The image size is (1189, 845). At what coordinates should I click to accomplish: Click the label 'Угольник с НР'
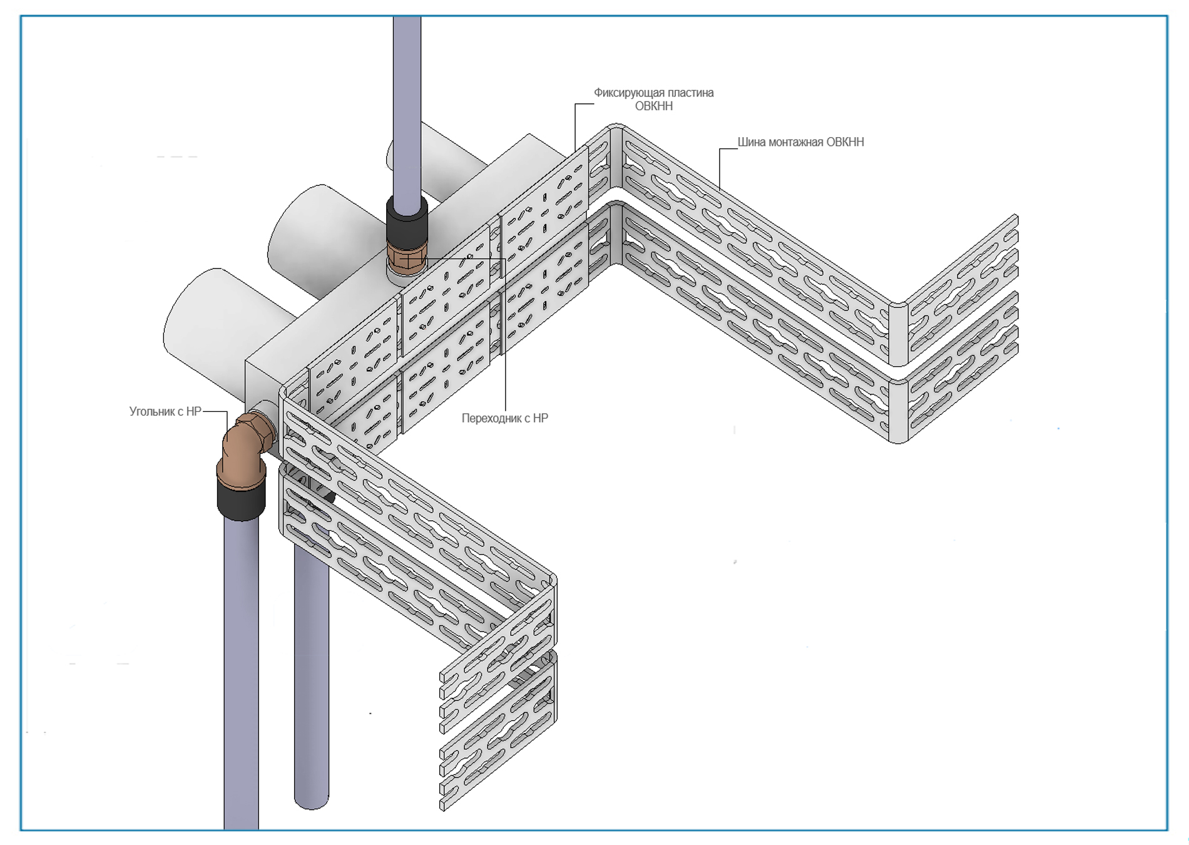click(165, 411)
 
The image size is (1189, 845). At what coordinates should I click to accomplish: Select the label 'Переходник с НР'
click(504, 418)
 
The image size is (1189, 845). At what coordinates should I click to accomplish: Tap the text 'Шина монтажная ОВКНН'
click(800, 142)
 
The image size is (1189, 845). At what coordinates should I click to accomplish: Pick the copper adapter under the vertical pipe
click(406, 258)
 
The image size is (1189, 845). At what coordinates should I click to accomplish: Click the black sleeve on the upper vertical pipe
click(407, 220)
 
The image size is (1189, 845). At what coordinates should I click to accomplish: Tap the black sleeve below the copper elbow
click(242, 496)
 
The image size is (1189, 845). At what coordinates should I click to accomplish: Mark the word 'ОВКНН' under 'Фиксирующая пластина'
click(654, 106)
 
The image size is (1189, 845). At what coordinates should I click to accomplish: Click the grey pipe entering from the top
click(407, 106)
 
